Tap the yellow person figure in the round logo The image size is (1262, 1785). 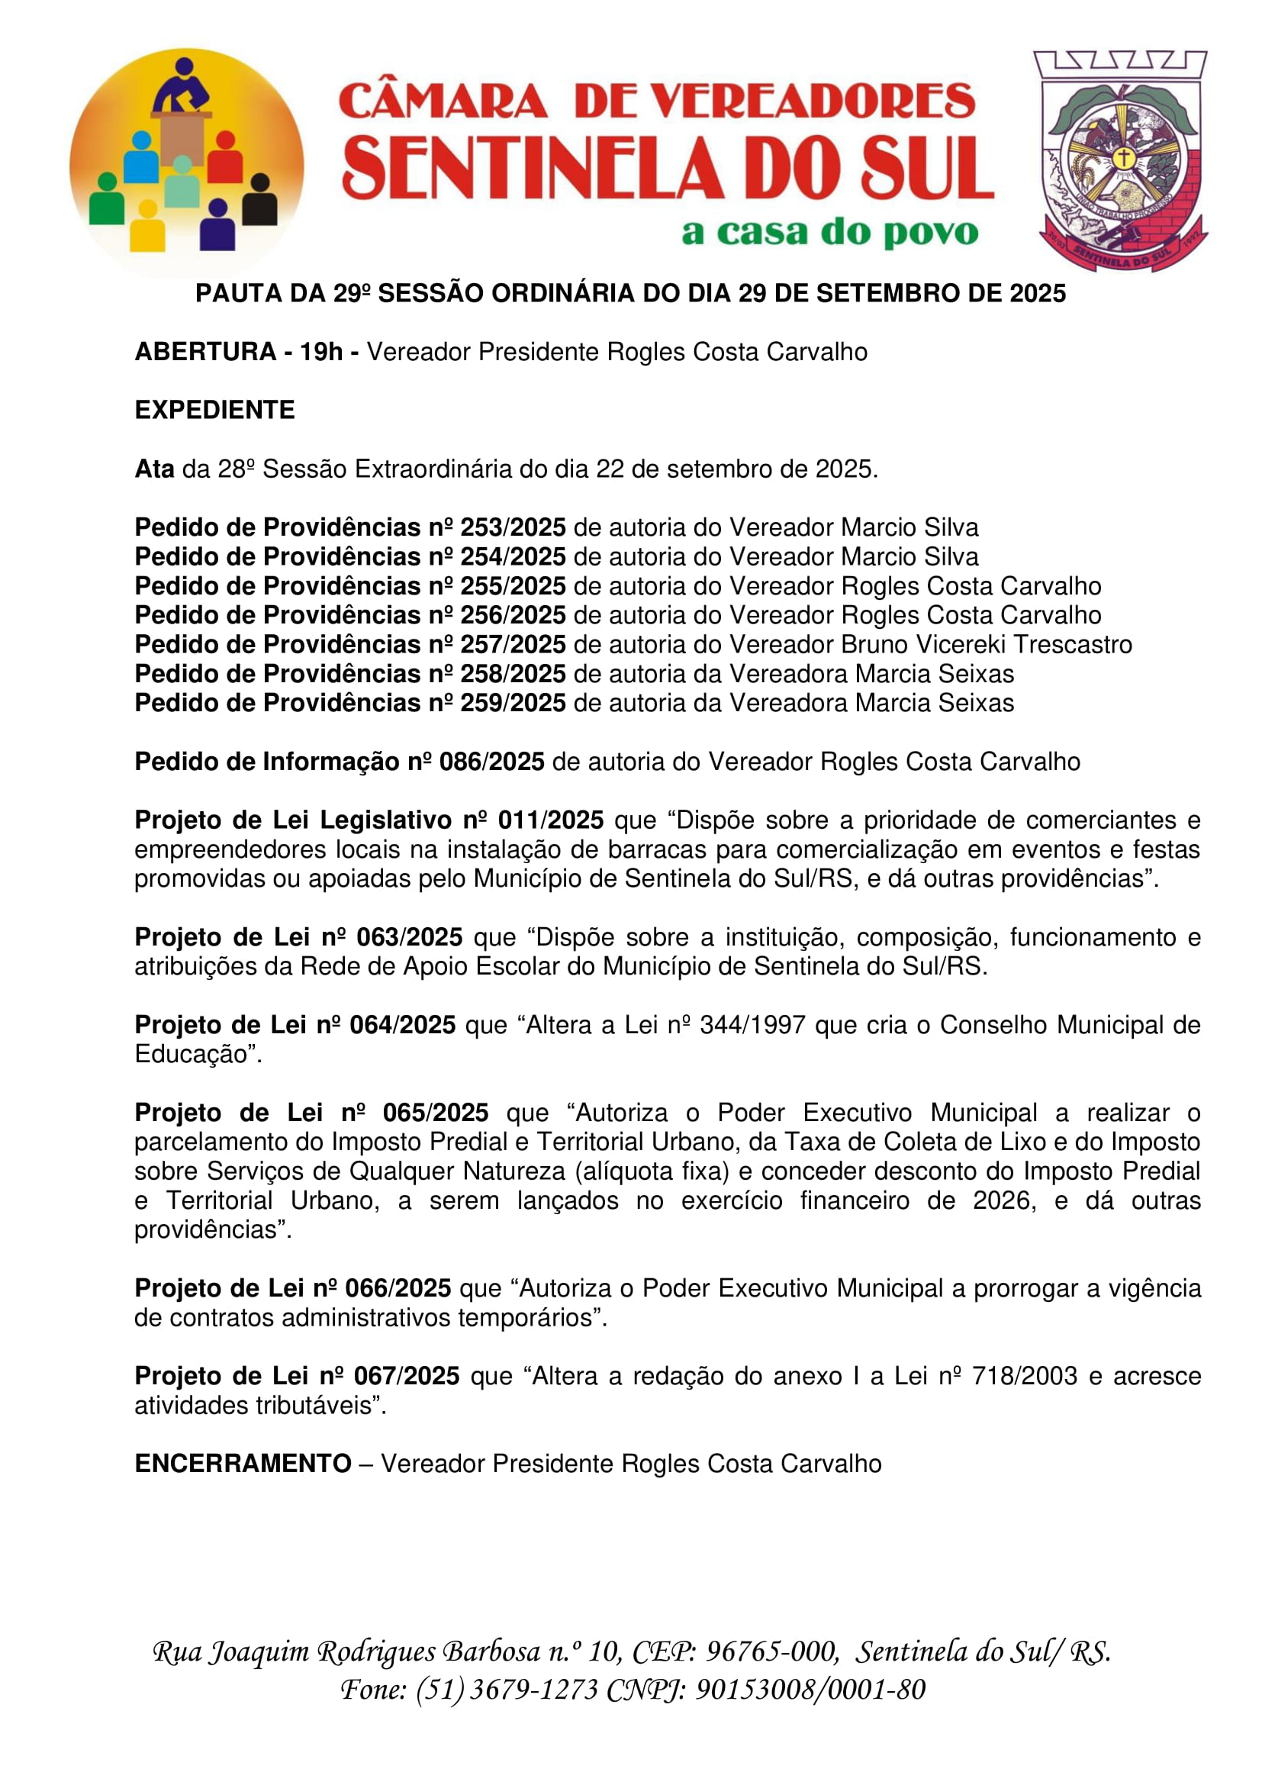point(146,226)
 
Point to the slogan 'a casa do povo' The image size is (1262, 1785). point(829,232)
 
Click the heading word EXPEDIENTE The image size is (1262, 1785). point(214,410)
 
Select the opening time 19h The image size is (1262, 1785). point(321,352)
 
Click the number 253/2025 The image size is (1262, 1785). point(513,527)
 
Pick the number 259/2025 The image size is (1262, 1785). point(513,703)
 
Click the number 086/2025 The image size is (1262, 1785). point(492,762)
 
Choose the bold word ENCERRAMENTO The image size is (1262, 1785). point(243,1464)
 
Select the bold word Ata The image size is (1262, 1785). point(154,469)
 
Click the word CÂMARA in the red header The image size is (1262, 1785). point(443,101)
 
